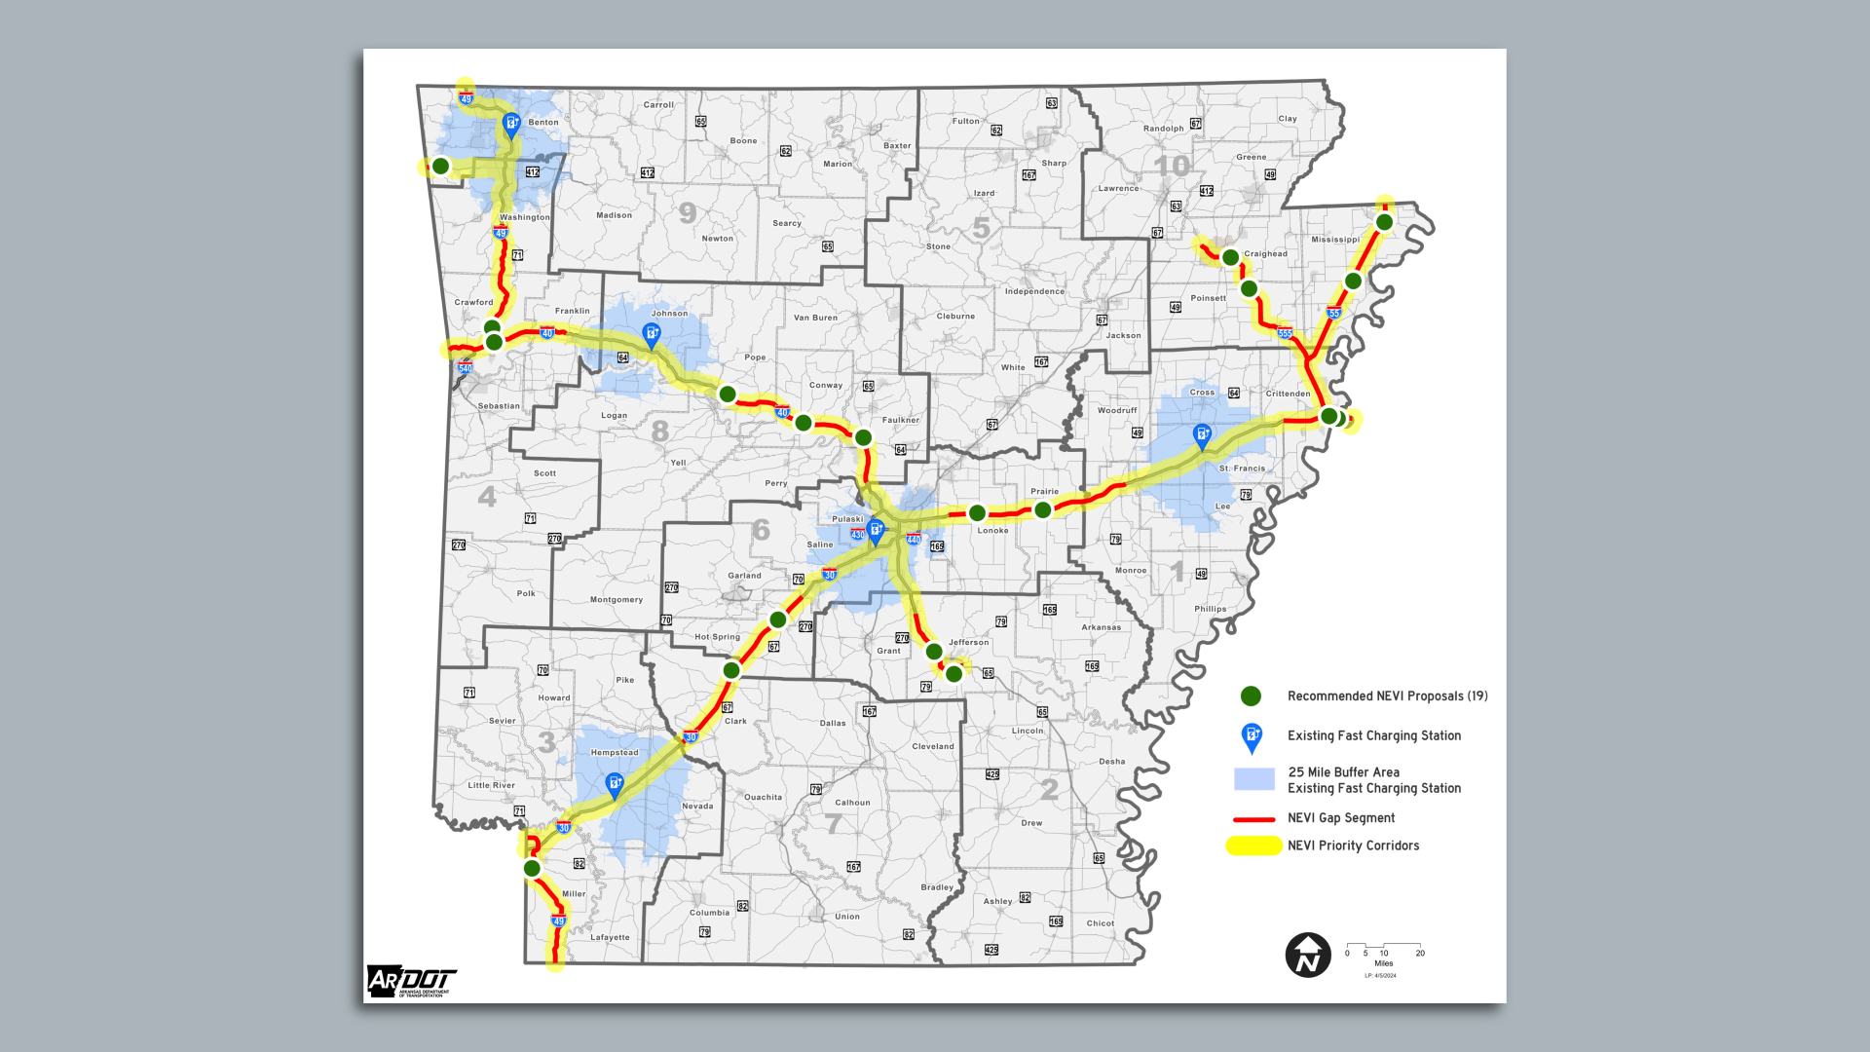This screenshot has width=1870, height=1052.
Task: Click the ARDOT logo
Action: [x=410, y=981]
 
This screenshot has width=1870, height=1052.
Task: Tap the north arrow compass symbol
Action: [x=1308, y=955]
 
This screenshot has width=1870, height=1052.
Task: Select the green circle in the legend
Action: [x=1251, y=695]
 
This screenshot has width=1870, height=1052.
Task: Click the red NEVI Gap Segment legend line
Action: [x=1253, y=819]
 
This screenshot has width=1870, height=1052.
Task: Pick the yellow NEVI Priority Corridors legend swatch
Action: [x=1253, y=845]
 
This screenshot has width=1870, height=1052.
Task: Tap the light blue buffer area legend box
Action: [x=1253, y=779]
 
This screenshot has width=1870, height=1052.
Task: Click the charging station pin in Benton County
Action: [x=510, y=125]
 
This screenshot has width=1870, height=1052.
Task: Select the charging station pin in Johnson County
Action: [x=652, y=335]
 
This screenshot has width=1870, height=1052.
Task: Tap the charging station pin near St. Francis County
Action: [x=1202, y=435]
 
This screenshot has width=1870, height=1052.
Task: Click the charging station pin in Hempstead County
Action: [x=615, y=784]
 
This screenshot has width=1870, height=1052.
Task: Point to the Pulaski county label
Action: [x=847, y=519]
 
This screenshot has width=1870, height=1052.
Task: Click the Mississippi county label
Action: [x=1334, y=240]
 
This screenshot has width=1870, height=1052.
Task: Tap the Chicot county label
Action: [x=1100, y=923]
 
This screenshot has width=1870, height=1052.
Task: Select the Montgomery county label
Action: [x=616, y=600]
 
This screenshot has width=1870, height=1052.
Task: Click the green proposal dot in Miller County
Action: [x=532, y=868]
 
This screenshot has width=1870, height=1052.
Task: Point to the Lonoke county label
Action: [x=992, y=531]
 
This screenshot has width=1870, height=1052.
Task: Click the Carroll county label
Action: [x=658, y=105]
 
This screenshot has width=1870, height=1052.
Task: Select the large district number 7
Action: [x=834, y=823]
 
